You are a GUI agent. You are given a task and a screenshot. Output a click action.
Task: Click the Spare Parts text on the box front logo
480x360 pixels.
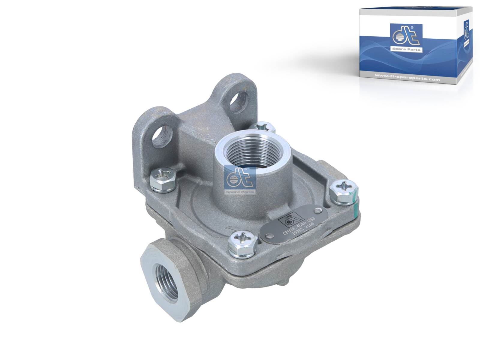[406, 49]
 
